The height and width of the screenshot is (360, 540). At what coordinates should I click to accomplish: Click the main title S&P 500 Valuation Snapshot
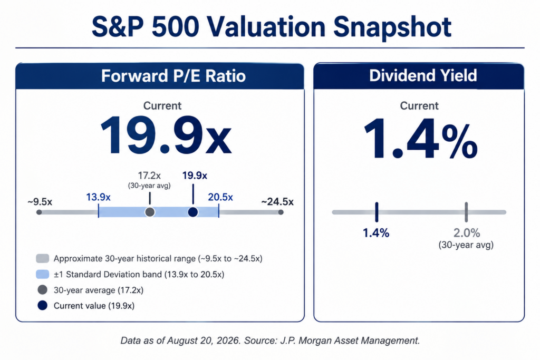tap(272, 27)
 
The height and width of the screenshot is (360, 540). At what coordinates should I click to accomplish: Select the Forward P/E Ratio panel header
tap(160, 76)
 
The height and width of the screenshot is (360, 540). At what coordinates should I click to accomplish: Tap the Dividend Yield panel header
tap(419, 76)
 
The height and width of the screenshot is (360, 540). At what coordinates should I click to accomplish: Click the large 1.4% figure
tap(420, 139)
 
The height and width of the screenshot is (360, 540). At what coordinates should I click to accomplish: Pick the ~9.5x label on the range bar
tap(40, 201)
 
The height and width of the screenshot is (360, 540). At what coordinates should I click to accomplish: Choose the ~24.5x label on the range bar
tap(277, 201)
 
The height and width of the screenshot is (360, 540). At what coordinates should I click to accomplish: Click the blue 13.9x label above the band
tap(98, 197)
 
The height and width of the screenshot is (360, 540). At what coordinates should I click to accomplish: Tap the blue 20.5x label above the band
tap(220, 197)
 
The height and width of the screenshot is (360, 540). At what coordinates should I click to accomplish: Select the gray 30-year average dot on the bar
tap(150, 212)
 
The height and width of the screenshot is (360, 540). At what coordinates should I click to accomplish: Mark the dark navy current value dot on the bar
tap(193, 212)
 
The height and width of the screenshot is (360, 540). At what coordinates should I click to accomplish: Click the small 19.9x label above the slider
tap(195, 176)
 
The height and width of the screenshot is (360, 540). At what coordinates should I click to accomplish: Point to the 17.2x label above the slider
tap(149, 176)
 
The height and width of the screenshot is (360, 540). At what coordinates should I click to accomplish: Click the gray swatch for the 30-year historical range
tap(42, 258)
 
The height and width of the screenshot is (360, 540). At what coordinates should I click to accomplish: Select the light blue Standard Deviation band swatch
tap(42, 274)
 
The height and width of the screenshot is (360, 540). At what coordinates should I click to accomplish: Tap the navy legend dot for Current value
tap(42, 305)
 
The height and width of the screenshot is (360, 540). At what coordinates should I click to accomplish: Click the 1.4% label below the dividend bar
tap(376, 233)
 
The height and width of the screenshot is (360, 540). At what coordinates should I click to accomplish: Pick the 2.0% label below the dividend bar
tap(467, 233)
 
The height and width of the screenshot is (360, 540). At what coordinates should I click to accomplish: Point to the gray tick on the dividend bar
tap(466, 212)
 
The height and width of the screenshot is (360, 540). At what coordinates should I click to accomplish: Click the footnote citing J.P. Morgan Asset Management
tap(270, 340)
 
